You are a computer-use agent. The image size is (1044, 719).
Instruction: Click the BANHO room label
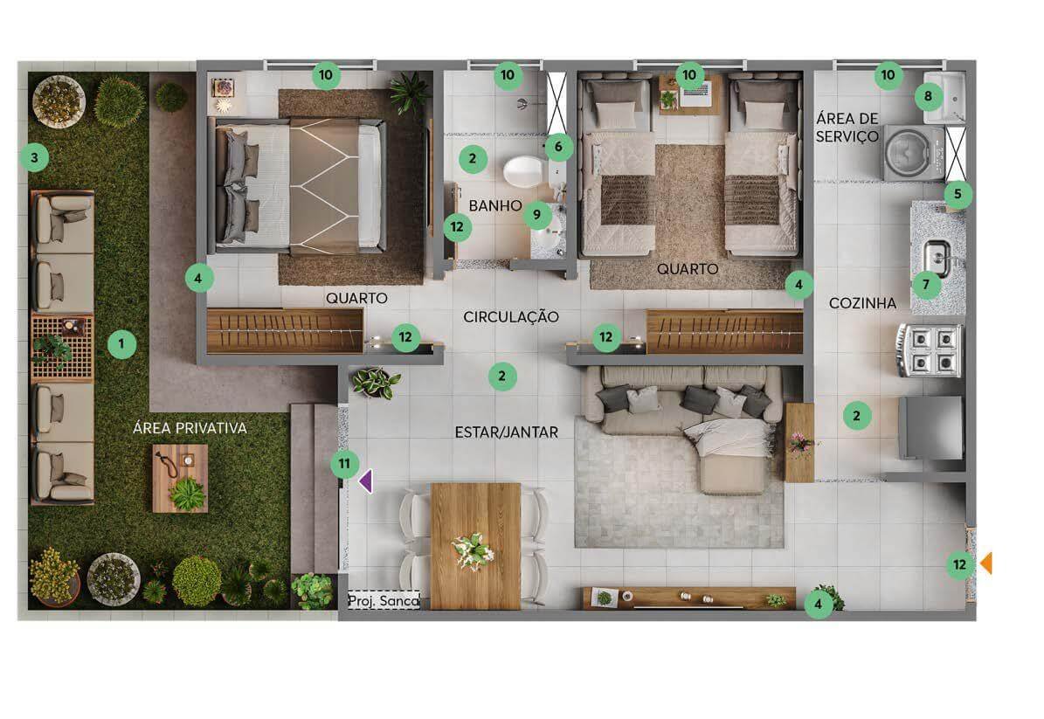coord(494,205)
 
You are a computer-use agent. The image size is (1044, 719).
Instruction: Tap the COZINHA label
coord(862,303)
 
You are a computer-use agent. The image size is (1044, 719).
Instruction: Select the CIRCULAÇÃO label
coord(511,317)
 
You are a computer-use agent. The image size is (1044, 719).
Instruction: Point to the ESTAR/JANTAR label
coord(506,432)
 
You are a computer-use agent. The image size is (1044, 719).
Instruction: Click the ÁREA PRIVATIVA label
coord(190,427)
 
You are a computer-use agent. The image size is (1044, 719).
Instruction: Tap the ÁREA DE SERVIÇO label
coord(847,128)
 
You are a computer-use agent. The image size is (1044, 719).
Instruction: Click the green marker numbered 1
coord(121,344)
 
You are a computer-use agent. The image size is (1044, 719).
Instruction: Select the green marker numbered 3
coord(35,158)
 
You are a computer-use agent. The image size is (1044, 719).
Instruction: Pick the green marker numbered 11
coord(344,463)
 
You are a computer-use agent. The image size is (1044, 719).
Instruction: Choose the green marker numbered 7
coord(926,285)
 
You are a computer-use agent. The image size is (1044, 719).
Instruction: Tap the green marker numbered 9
coord(537,215)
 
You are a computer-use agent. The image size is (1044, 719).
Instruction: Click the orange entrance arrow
coord(986,563)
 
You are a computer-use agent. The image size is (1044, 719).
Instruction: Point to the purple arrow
coord(365,481)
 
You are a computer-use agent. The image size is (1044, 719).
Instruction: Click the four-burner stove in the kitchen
coord(930,350)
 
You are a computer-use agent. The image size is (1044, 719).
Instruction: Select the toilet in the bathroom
coord(523,171)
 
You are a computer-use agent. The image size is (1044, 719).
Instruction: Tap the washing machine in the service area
coord(914,153)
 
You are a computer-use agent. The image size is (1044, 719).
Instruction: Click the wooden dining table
coord(475,546)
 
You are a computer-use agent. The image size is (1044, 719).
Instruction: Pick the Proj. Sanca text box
coord(384,600)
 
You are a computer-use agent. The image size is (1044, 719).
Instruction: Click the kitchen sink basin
coord(937,259)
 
